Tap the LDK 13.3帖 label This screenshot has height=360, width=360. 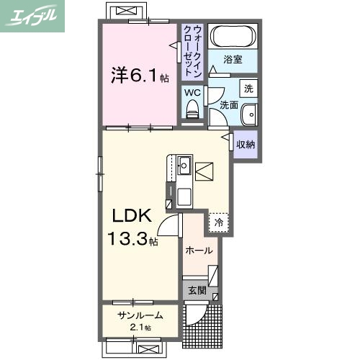(130, 227)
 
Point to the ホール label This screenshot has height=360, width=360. (199, 251)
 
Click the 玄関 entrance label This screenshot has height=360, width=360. (197, 291)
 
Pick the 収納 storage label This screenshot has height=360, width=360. (246, 144)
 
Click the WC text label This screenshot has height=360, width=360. (192, 93)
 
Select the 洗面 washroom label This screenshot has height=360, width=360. (229, 105)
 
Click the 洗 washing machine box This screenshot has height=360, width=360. (248, 89)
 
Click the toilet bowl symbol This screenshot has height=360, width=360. (192, 109)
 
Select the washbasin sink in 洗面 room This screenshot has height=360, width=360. (248, 115)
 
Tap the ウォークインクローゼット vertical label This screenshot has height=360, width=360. (192, 50)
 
